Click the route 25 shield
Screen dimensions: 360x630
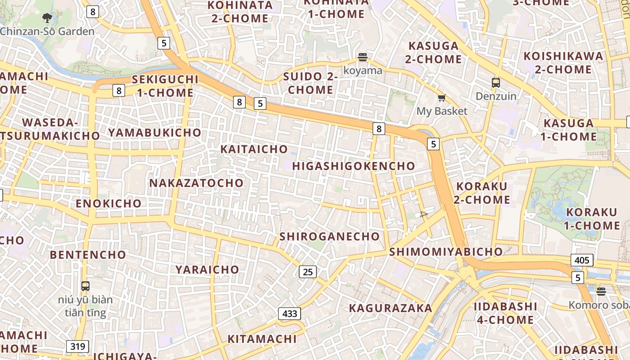308,272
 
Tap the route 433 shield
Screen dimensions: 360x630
289,313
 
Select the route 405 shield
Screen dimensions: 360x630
582,260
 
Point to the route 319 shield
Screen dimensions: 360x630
77,346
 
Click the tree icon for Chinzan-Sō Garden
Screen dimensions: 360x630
47,18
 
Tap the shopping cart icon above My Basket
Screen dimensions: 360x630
442,98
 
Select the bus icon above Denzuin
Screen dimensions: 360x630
496,83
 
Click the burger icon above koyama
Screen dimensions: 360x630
363,57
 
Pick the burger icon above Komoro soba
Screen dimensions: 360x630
601,291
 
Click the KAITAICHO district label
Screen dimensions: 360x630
254,149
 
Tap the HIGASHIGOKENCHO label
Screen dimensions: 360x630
354,166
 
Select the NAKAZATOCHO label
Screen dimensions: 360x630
196,183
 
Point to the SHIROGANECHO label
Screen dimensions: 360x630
330,237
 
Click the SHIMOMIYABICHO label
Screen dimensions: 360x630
446,252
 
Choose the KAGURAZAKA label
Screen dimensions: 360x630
391,308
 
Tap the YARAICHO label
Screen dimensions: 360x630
207,270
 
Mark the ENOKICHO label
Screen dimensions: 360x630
108,203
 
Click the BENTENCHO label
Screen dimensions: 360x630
88,255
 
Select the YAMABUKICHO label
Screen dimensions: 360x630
154,133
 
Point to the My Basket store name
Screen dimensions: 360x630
442,111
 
